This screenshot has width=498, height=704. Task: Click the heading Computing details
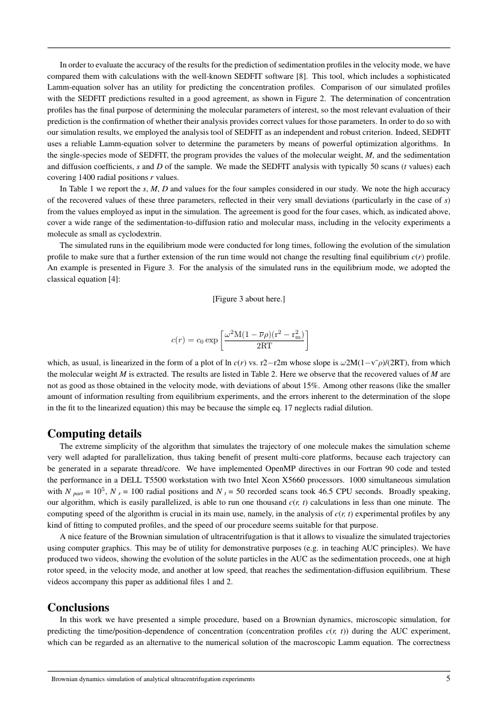click(x=95, y=434)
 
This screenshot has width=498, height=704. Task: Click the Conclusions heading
click(x=78, y=607)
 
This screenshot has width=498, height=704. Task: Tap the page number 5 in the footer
click(x=447, y=679)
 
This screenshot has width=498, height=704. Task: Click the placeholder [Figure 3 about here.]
click(x=249, y=299)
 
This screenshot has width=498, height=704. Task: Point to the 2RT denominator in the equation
click(x=264, y=347)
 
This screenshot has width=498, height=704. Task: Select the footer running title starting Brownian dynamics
click(x=153, y=679)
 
